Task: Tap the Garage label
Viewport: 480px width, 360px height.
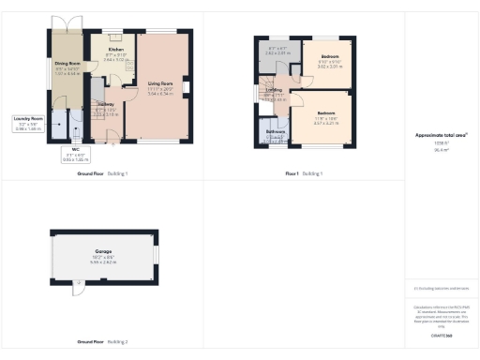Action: (103, 254)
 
